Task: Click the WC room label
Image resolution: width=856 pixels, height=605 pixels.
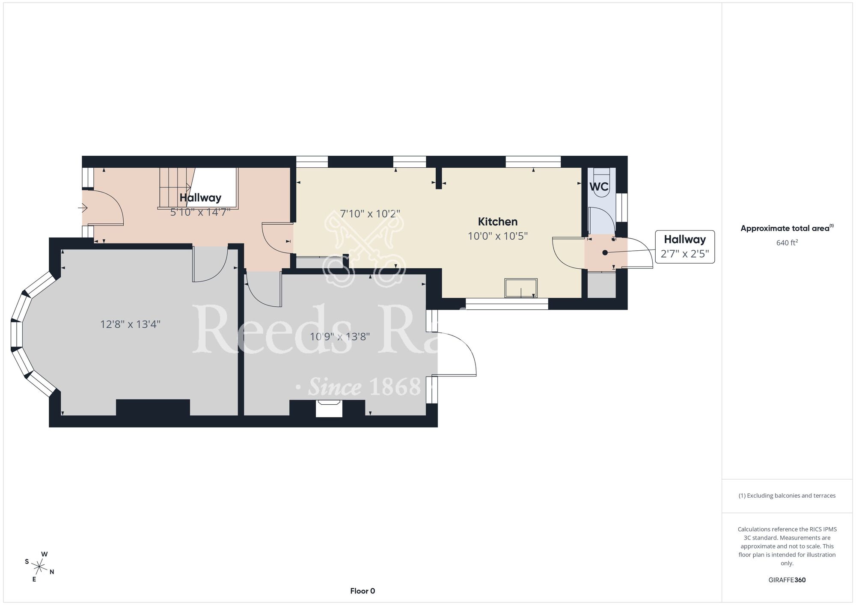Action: point(599,187)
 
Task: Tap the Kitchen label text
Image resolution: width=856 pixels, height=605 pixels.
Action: point(498,222)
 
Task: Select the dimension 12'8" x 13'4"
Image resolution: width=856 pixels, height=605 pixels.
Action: point(130,324)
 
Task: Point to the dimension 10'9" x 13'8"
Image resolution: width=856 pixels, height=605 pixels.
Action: point(339,337)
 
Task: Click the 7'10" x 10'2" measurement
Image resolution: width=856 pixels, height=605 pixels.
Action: point(370,214)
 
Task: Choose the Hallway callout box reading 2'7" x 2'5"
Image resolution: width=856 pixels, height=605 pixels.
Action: point(685,246)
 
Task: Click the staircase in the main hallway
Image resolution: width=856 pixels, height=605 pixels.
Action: point(175,187)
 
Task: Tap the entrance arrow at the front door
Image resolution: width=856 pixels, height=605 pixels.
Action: point(83,208)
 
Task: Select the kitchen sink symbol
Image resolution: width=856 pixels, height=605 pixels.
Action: point(521,288)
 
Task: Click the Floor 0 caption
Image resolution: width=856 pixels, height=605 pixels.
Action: point(363,591)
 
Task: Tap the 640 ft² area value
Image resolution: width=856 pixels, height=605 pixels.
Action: point(787,243)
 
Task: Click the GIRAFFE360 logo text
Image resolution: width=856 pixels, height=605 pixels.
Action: point(787,580)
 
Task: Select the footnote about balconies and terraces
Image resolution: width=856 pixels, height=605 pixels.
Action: point(787,495)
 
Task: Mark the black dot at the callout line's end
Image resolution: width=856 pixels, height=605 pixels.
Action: point(605,253)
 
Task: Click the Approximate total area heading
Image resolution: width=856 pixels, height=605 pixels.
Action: point(787,228)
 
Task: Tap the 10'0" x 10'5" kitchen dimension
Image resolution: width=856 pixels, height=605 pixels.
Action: point(498,236)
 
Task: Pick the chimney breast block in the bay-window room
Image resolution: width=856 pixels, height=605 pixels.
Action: point(153,407)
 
